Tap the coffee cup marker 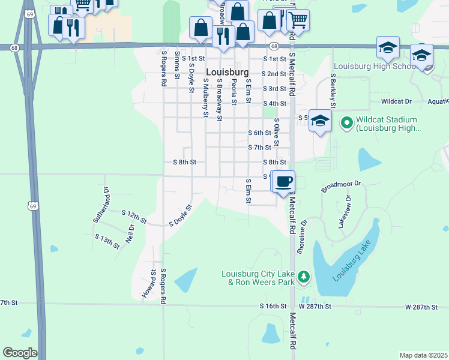284,181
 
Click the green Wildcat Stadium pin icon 346,123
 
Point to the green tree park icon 304,277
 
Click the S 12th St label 134,216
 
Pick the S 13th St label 107,238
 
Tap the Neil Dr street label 130,233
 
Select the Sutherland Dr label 101,205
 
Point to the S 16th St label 273,306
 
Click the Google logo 20,353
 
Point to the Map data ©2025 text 423,355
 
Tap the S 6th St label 260,133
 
